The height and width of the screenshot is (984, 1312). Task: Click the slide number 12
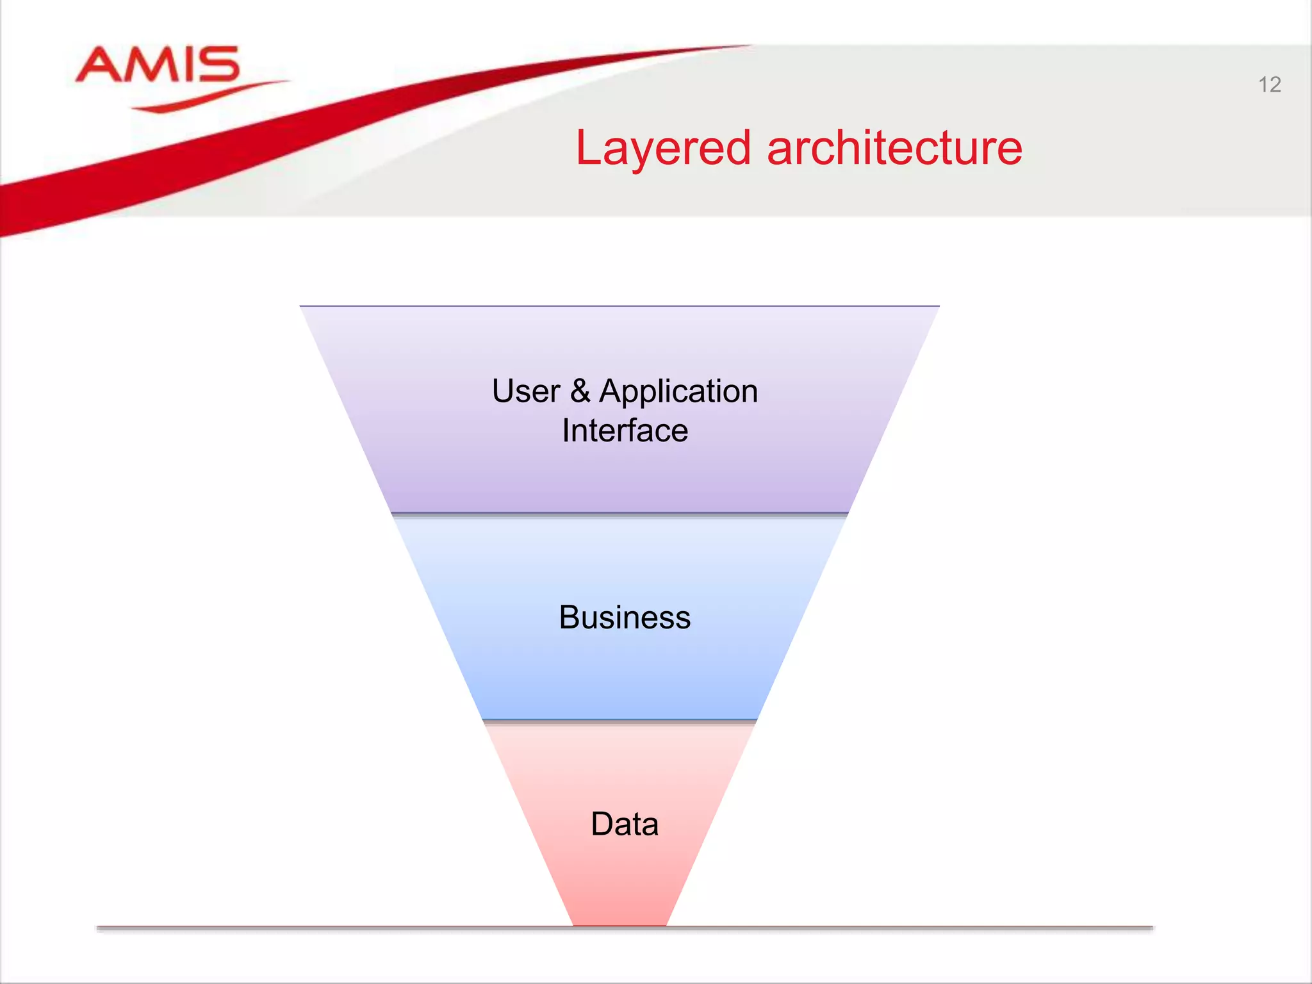(x=1269, y=85)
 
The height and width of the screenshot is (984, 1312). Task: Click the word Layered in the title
(x=662, y=149)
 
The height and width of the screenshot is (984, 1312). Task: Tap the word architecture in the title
(x=894, y=148)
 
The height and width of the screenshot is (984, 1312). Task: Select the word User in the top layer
(x=526, y=391)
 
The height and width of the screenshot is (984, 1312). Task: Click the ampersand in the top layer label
(x=580, y=391)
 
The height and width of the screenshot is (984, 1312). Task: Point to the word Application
(x=678, y=392)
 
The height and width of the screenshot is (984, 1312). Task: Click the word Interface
(x=625, y=430)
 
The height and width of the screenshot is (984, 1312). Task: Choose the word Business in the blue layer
(x=625, y=618)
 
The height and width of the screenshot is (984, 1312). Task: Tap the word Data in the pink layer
(x=625, y=824)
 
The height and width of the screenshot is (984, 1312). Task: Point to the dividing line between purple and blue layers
(x=619, y=514)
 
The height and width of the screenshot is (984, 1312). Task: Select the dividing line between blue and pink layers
(x=619, y=721)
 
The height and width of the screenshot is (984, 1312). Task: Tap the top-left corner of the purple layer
(x=302, y=307)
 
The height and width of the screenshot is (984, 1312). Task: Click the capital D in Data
(x=602, y=824)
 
